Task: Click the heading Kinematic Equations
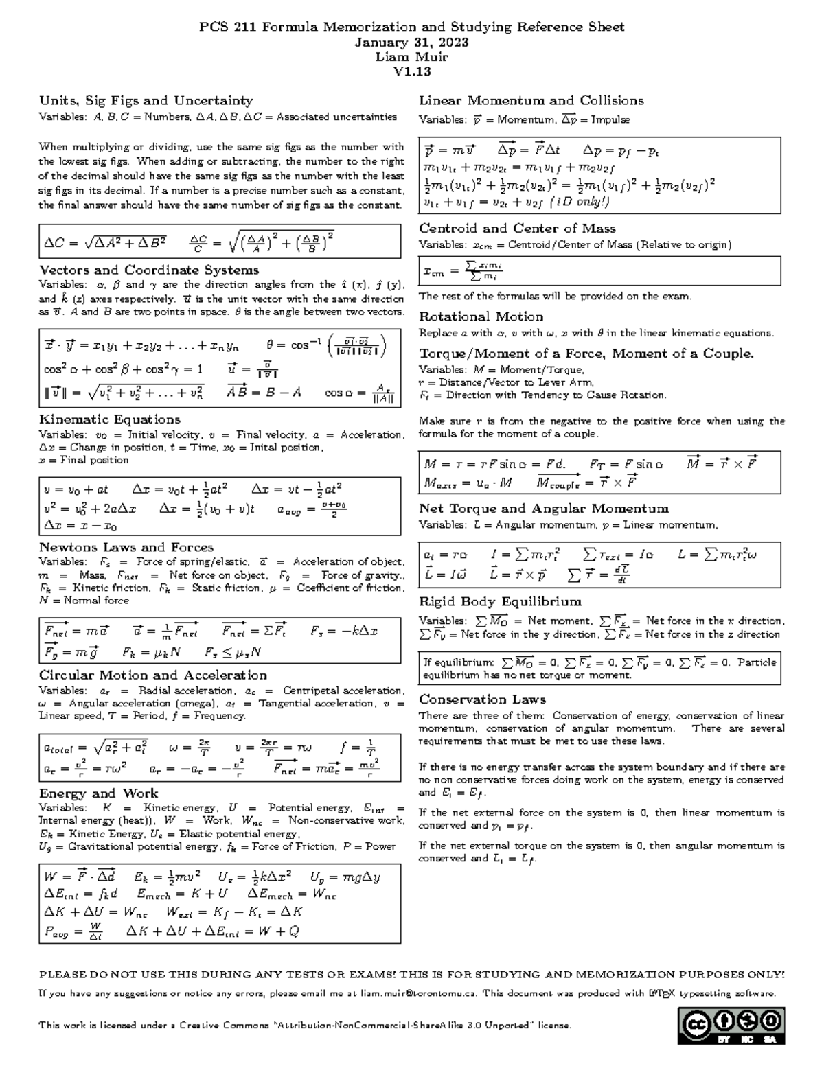pos(110,419)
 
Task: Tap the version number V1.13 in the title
pos(412,72)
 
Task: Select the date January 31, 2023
pos(412,43)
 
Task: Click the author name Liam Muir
pos(412,57)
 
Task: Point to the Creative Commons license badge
pos(731,1026)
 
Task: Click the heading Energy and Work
pos(98,793)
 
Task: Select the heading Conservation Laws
pos(482,699)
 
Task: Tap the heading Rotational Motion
pos(481,316)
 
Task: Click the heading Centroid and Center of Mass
pos(517,229)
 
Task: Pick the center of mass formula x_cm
pos(463,271)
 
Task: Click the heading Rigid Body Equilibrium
pos(500,602)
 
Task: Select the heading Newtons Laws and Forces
pos(126,547)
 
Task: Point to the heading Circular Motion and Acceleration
pos(152,675)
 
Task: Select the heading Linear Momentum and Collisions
pos(531,101)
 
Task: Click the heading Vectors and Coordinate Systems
pos(149,270)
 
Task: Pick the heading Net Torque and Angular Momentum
pos(544,509)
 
